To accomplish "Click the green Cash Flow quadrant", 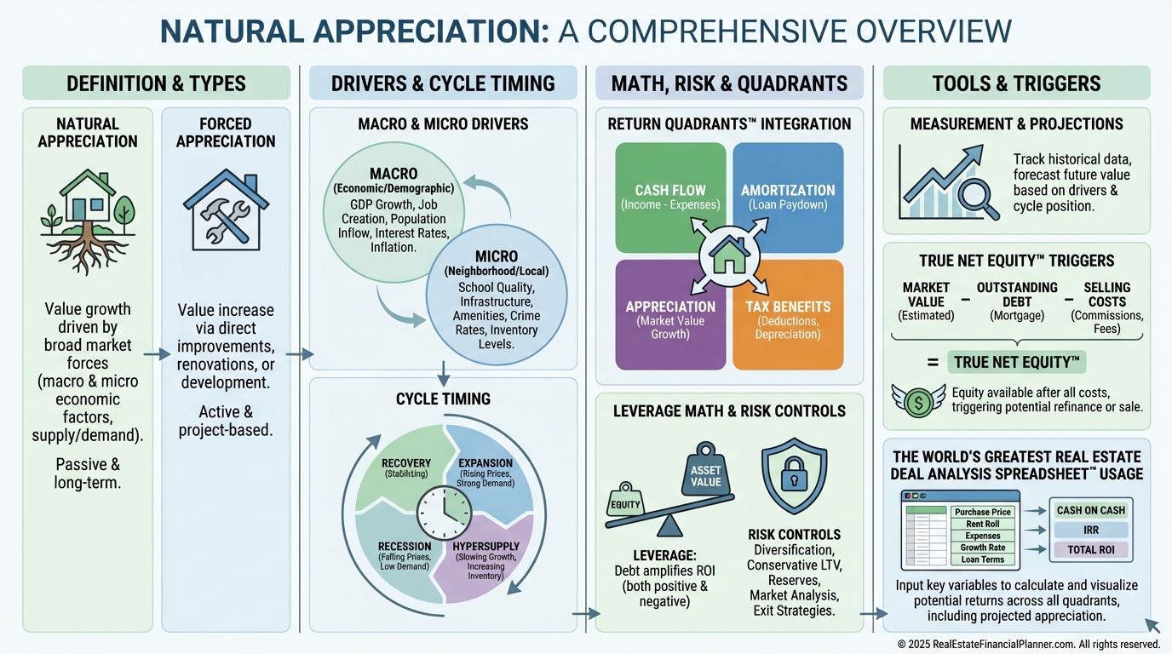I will click(670, 197).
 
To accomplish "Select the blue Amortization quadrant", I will click(788, 197).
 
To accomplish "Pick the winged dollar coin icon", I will click(918, 400).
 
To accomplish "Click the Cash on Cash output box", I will click(1090, 510).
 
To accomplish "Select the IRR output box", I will click(1090, 530).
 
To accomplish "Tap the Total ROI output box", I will click(1090, 550).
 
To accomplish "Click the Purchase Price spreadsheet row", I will click(982, 512).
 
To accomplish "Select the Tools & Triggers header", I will click(1016, 83).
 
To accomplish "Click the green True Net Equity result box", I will click(1017, 363).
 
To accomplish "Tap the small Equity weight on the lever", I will click(623, 503).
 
